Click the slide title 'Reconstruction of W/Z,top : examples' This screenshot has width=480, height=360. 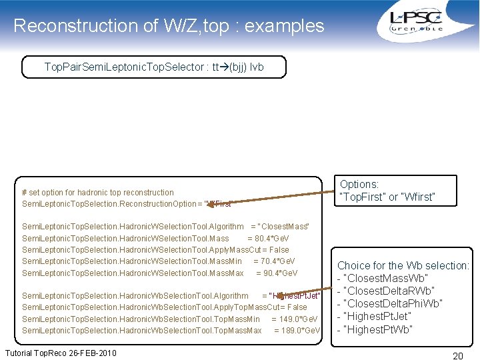[169, 26]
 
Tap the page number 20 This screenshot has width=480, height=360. [457, 356]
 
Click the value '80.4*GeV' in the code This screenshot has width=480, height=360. [277, 238]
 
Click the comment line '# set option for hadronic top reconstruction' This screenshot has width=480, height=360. [98, 192]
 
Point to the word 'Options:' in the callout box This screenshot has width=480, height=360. [359, 184]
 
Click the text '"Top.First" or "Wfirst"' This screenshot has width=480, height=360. [387, 197]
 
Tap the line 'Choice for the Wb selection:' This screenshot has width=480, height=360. [403, 265]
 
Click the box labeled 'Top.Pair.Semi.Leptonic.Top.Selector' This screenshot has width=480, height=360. [154, 67]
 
